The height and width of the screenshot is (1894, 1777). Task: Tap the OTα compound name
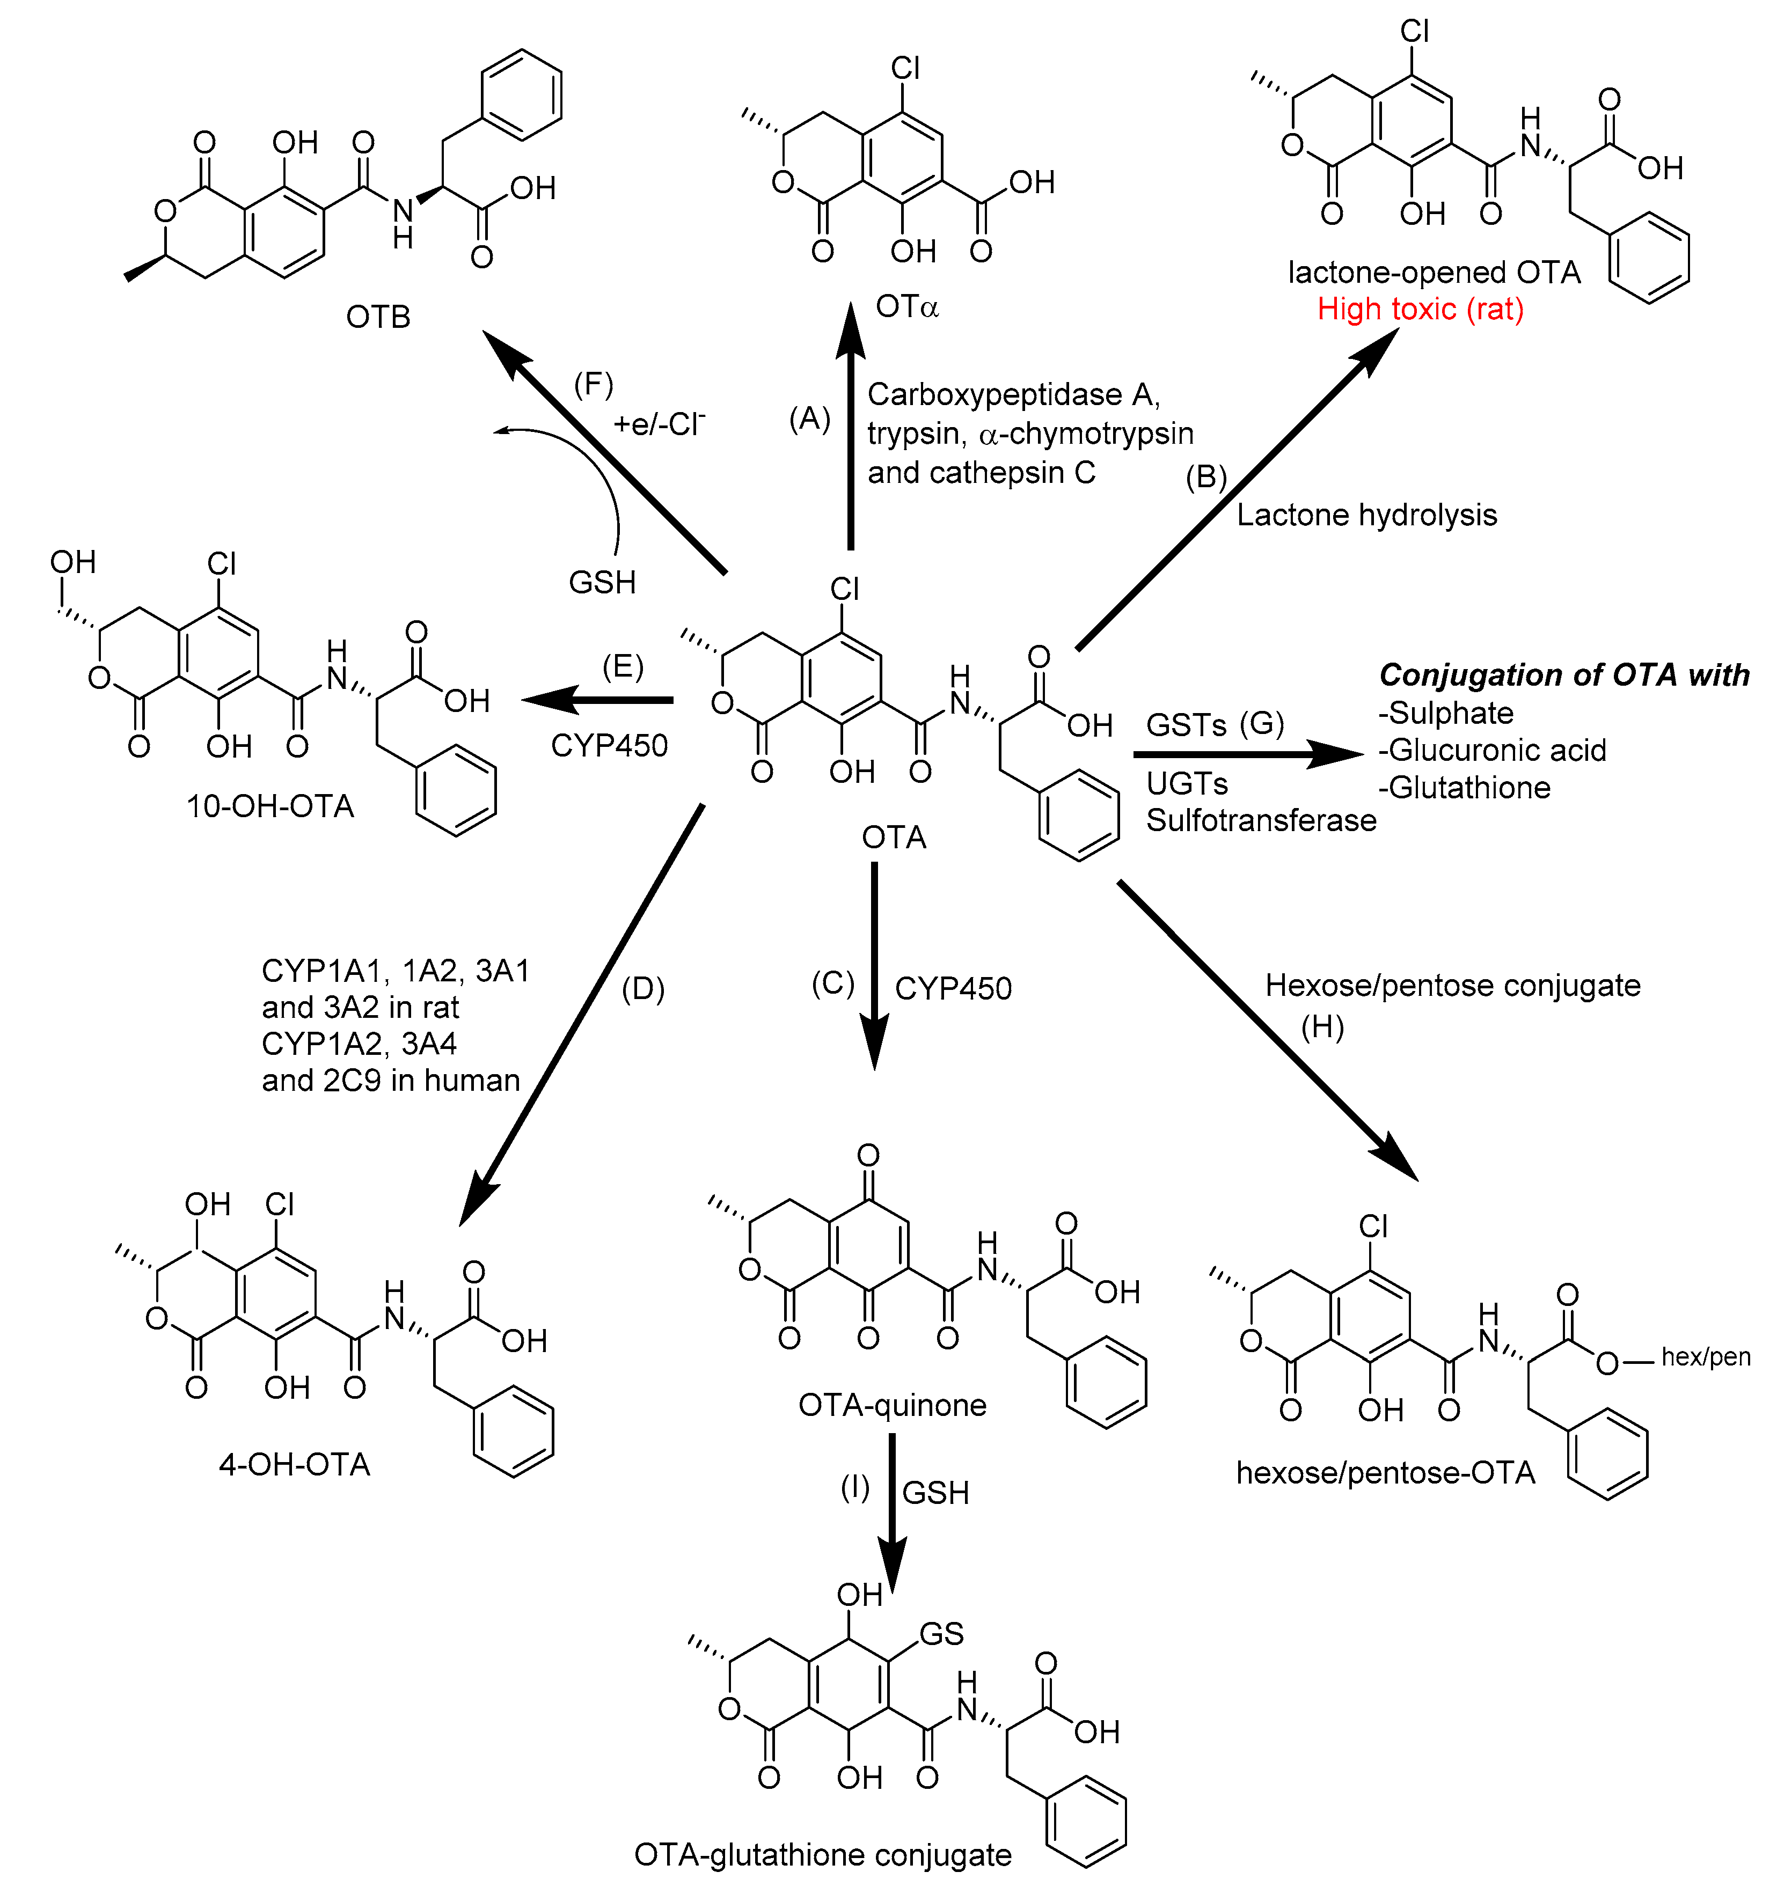(906, 307)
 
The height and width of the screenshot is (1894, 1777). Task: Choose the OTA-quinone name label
(892, 1405)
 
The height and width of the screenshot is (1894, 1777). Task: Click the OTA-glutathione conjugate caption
(822, 1855)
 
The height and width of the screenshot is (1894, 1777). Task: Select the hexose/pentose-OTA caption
(1385, 1473)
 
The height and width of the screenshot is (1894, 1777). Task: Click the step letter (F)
(593, 384)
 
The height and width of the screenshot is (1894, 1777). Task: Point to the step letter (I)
(854, 1487)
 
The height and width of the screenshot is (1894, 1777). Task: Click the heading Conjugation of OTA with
(1563, 674)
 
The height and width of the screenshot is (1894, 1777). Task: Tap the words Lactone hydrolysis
(1366, 516)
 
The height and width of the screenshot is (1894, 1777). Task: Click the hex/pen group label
(1706, 1357)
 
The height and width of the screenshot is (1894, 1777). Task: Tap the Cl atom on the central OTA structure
(844, 589)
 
